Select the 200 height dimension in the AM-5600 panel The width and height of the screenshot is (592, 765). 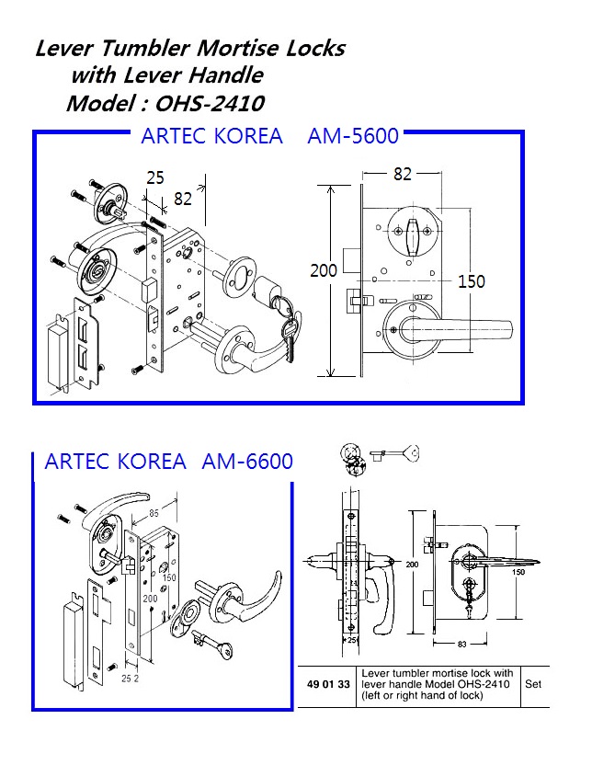pyautogui.click(x=323, y=270)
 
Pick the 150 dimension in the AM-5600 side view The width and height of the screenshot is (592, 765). pyautogui.click(x=471, y=281)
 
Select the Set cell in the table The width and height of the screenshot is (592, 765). pyautogui.click(x=532, y=685)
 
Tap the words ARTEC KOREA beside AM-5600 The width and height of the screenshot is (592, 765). pyautogui.click(x=211, y=137)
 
